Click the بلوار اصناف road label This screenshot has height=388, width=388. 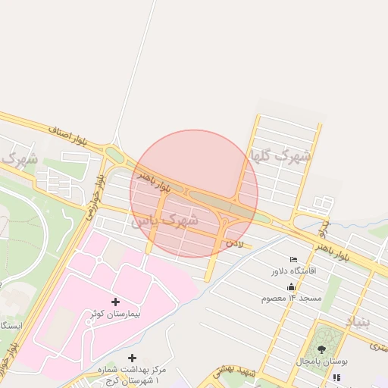[x=74, y=136]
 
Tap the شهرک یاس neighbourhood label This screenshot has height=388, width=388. [x=164, y=221]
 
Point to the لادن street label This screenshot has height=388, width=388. [x=235, y=244]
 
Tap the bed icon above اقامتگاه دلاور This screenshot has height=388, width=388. [x=294, y=259]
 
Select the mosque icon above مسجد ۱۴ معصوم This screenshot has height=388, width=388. [x=292, y=286]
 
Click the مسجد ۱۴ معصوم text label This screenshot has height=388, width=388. [x=292, y=298]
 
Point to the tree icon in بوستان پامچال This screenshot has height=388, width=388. [x=322, y=349]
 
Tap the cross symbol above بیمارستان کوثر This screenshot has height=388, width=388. [x=115, y=302]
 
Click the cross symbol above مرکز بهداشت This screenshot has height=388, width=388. [x=133, y=357]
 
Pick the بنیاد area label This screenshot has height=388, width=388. [x=360, y=322]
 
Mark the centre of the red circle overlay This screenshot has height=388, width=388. [x=194, y=194]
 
